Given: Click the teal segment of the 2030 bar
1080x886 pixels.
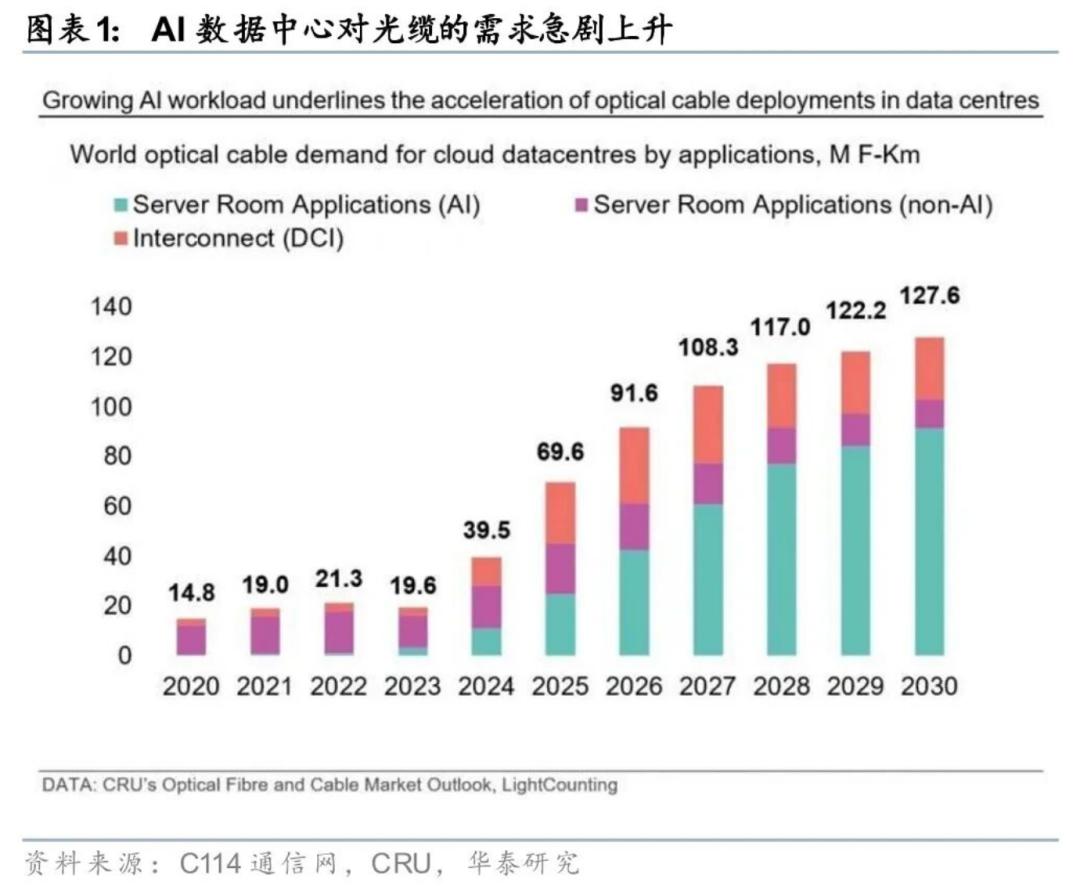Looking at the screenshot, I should point(930,541).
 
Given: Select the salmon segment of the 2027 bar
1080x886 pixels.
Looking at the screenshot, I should point(708,424).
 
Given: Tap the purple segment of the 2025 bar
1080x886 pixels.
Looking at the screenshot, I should point(560,569).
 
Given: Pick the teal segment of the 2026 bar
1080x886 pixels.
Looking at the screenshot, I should point(634,602).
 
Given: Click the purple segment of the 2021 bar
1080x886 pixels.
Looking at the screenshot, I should point(265,634).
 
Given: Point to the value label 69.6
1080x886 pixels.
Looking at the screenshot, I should point(560,453).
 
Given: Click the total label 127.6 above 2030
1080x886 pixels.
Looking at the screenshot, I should point(930,297).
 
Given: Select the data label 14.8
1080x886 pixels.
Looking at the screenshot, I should point(191,593).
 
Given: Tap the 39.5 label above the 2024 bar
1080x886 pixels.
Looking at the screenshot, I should point(486,530).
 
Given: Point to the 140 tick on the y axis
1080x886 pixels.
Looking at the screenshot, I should point(111,307).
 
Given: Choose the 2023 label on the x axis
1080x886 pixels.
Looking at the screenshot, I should point(412,686).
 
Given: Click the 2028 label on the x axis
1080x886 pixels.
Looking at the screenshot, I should point(782,686).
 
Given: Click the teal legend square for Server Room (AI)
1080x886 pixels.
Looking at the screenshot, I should point(121,206).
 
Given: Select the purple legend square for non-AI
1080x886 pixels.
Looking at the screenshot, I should point(581,206).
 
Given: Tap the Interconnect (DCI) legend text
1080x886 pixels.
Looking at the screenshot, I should point(238,239).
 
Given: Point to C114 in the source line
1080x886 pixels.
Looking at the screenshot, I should point(210,863).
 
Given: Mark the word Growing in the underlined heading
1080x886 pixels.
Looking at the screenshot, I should point(88,101).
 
